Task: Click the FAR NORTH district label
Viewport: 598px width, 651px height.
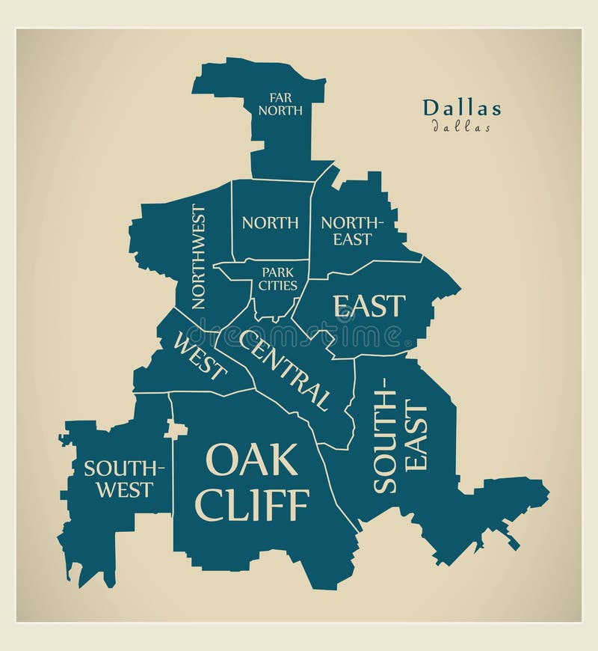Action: coord(280,103)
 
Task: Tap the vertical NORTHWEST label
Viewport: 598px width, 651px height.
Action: coord(198,257)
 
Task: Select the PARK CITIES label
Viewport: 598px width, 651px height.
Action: coord(278,278)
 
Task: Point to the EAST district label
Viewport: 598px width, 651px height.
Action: coord(369,306)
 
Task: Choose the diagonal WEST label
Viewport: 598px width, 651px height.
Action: coord(200,356)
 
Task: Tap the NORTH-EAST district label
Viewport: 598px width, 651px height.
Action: coord(351,230)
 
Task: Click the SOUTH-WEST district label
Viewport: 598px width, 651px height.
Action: coord(123,479)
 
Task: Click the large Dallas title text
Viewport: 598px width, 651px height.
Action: coord(462,108)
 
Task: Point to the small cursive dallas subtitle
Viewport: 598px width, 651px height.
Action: coord(461,127)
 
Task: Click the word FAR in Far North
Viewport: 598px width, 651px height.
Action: coord(280,97)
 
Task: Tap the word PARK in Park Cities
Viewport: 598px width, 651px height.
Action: coord(278,271)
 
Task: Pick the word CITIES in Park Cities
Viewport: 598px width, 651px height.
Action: coord(278,285)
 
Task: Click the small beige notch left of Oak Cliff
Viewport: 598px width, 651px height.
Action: coord(176,430)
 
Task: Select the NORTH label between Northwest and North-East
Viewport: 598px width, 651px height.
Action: coord(270,222)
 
